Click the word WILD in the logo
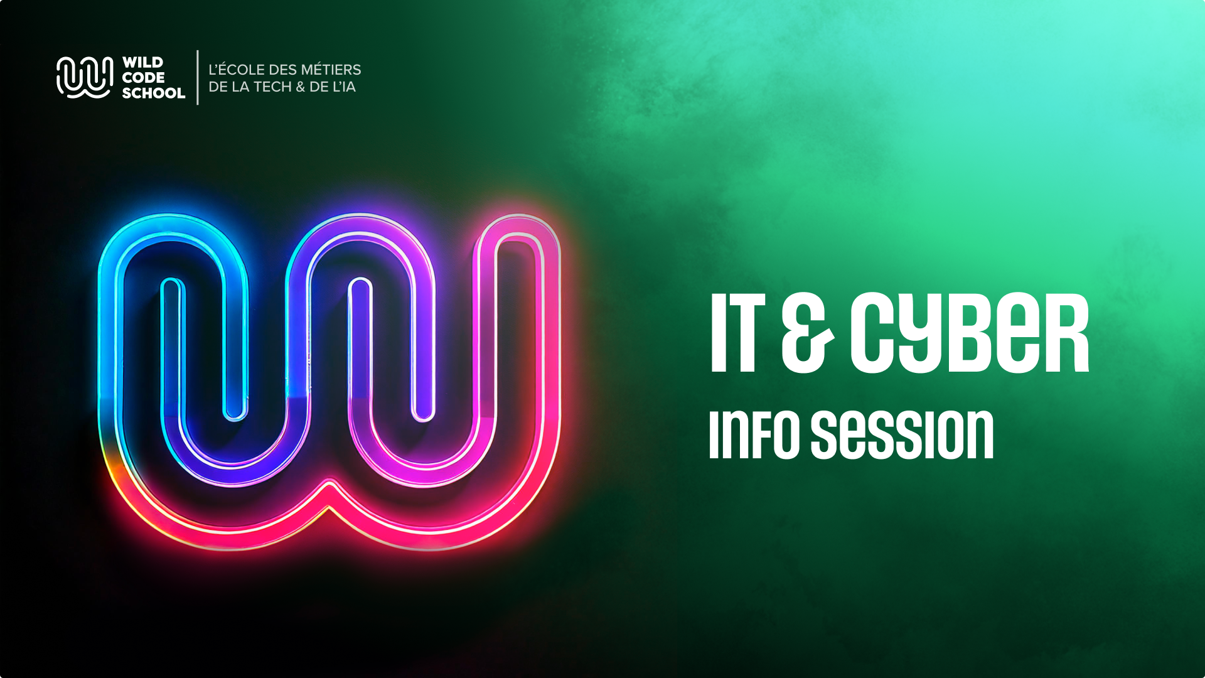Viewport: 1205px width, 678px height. pos(142,63)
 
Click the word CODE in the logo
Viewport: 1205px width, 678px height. pos(144,78)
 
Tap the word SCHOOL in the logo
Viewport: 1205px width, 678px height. pos(154,93)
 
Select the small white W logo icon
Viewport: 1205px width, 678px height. pos(85,78)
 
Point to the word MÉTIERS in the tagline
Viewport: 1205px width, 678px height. pos(331,69)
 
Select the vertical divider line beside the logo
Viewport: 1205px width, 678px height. pos(198,78)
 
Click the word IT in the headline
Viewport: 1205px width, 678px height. pos(738,333)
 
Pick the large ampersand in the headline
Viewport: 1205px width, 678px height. pos(808,333)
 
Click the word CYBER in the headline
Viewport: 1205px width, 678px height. pos(970,334)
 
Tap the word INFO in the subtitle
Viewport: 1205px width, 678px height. pos(754,434)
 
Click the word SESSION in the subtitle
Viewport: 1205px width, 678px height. pos(902,434)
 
